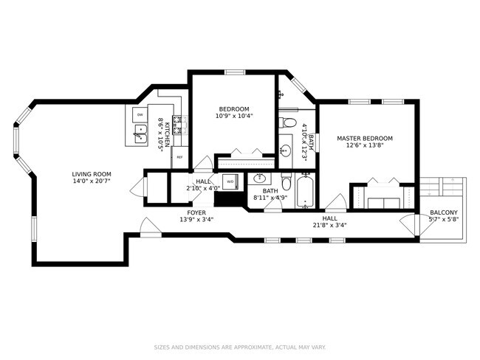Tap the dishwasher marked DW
pos(140,115)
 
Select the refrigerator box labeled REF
pos(179,157)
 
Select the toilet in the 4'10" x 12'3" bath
pos(289,122)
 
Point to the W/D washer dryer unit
pos(230,181)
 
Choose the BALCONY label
pos(444,215)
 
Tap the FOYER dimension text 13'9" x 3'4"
pos(196,219)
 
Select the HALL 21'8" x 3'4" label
pos(330,222)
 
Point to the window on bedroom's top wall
pos(235,72)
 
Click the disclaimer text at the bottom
pos(239,347)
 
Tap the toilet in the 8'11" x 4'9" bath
pos(287,181)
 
